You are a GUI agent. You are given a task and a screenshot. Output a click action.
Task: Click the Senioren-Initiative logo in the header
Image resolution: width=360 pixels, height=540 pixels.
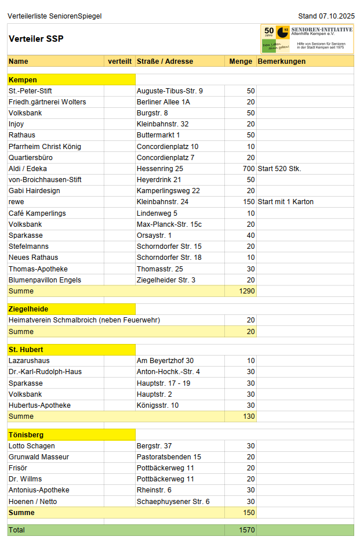pyautogui.click(x=307, y=39)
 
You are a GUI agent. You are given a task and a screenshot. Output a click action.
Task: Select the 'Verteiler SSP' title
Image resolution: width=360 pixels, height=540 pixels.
pyautogui.click(x=36, y=39)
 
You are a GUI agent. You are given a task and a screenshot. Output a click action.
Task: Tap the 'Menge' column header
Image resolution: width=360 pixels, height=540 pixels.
pyautogui.click(x=241, y=61)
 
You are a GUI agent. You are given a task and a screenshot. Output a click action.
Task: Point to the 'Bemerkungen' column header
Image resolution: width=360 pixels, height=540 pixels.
pyautogui.click(x=282, y=61)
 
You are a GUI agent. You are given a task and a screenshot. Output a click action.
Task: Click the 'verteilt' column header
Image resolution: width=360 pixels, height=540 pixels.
pyautogui.click(x=119, y=61)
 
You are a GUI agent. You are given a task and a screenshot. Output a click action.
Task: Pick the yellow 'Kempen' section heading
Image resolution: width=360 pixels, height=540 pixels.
pyautogui.click(x=23, y=80)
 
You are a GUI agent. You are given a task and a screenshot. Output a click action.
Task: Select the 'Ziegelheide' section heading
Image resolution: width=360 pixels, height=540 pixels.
pyautogui.click(x=28, y=309)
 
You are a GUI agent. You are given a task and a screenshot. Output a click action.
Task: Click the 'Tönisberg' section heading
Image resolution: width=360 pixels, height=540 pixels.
pyautogui.click(x=26, y=435)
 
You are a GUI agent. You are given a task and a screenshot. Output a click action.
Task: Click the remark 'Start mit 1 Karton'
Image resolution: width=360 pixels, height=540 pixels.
pyautogui.click(x=286, y=202)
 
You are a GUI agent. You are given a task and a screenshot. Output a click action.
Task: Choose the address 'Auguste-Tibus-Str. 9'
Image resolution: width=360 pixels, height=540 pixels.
pyautogui.click(x=169, y=91)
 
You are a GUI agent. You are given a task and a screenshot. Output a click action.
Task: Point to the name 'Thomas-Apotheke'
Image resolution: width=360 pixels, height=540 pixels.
pyautogui.click(x=38, y=269)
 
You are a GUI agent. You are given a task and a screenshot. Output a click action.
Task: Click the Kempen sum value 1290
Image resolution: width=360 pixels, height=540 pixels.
pyautogui.click(x=247, y=291)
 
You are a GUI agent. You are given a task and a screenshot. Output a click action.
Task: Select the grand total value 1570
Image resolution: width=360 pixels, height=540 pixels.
pyautogui.click(x=247, y=530)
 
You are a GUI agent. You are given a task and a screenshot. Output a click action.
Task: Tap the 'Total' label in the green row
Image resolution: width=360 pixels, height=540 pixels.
pyautogui.click(x=17, y=530)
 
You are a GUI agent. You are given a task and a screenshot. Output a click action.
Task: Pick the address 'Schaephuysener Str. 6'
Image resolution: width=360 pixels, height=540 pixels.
pyautogui.click(x=173, y=502)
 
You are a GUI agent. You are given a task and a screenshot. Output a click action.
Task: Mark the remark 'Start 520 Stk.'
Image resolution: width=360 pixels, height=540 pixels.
pyautogui.click(x=279, y=169)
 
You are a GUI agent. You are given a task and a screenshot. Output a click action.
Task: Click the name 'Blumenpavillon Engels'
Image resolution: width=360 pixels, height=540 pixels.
pyautogui.click(x=45, y=280)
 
